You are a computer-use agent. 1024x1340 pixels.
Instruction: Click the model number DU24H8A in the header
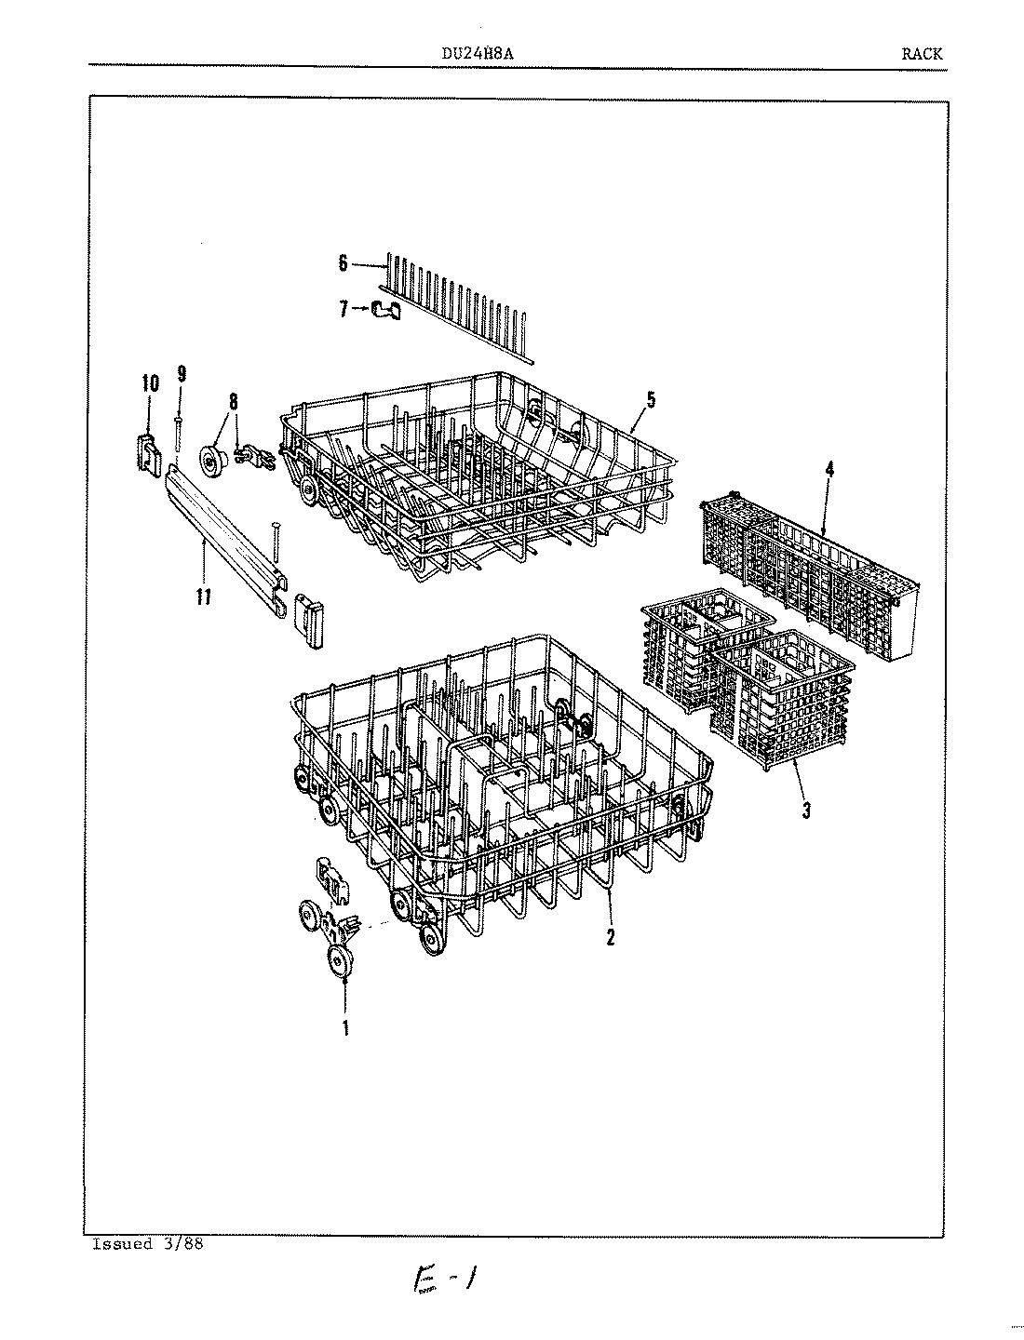pyautogui.click(x=478, y=53)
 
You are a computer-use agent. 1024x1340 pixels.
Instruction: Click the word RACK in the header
pyautogui.click(x=921, y=53)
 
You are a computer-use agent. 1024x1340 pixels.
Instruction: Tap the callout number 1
pyautogui.click(x=345, y=1029)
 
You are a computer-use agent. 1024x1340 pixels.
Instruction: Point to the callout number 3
pyautogui.click(x=806, y=811)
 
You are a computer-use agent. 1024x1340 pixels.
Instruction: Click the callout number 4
pyautogui.click(x=829, y=470)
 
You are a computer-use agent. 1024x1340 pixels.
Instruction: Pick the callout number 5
pyautogui.click(x=651, y=401)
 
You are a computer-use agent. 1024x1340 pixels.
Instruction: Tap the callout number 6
pyautogui.click(x=343, y=264)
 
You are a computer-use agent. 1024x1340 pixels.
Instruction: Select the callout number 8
pyautogui.click(x=233, y=402)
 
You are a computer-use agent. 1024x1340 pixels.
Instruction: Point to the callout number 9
pyautogui.click(x=182, y=374)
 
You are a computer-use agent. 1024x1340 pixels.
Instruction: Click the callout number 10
pyautogui.click(x=150, y=382)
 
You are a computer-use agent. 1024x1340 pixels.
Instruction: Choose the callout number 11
pyautogui.click(x=204, y=596)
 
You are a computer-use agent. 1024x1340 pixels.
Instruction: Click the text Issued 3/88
pyautogui.click(x=147, y=1245)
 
